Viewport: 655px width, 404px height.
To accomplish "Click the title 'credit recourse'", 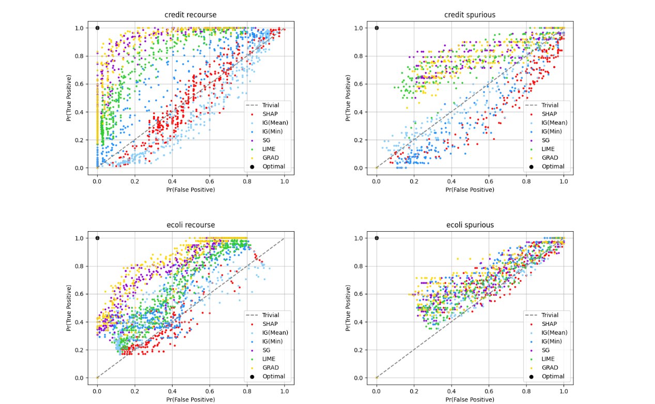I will pos(191,15).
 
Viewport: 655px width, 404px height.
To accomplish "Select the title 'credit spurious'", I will pos(470,15).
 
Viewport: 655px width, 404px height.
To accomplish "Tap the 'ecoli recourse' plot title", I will pos(191,225).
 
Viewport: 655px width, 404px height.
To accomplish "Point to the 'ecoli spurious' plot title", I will pos(470,225).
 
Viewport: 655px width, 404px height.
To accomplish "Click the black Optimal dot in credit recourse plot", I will pos(97,28).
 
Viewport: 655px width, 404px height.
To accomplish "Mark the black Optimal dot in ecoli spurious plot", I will pos(377,238).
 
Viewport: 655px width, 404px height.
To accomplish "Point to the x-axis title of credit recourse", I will pos(191,190).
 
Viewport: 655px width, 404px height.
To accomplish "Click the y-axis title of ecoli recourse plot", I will pos(69,308).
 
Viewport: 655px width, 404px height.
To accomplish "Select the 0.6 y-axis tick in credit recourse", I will pos(80,84).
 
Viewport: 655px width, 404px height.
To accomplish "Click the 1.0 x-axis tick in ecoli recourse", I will pos(285,392).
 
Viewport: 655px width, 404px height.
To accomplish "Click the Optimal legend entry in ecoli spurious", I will pos(553,377).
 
